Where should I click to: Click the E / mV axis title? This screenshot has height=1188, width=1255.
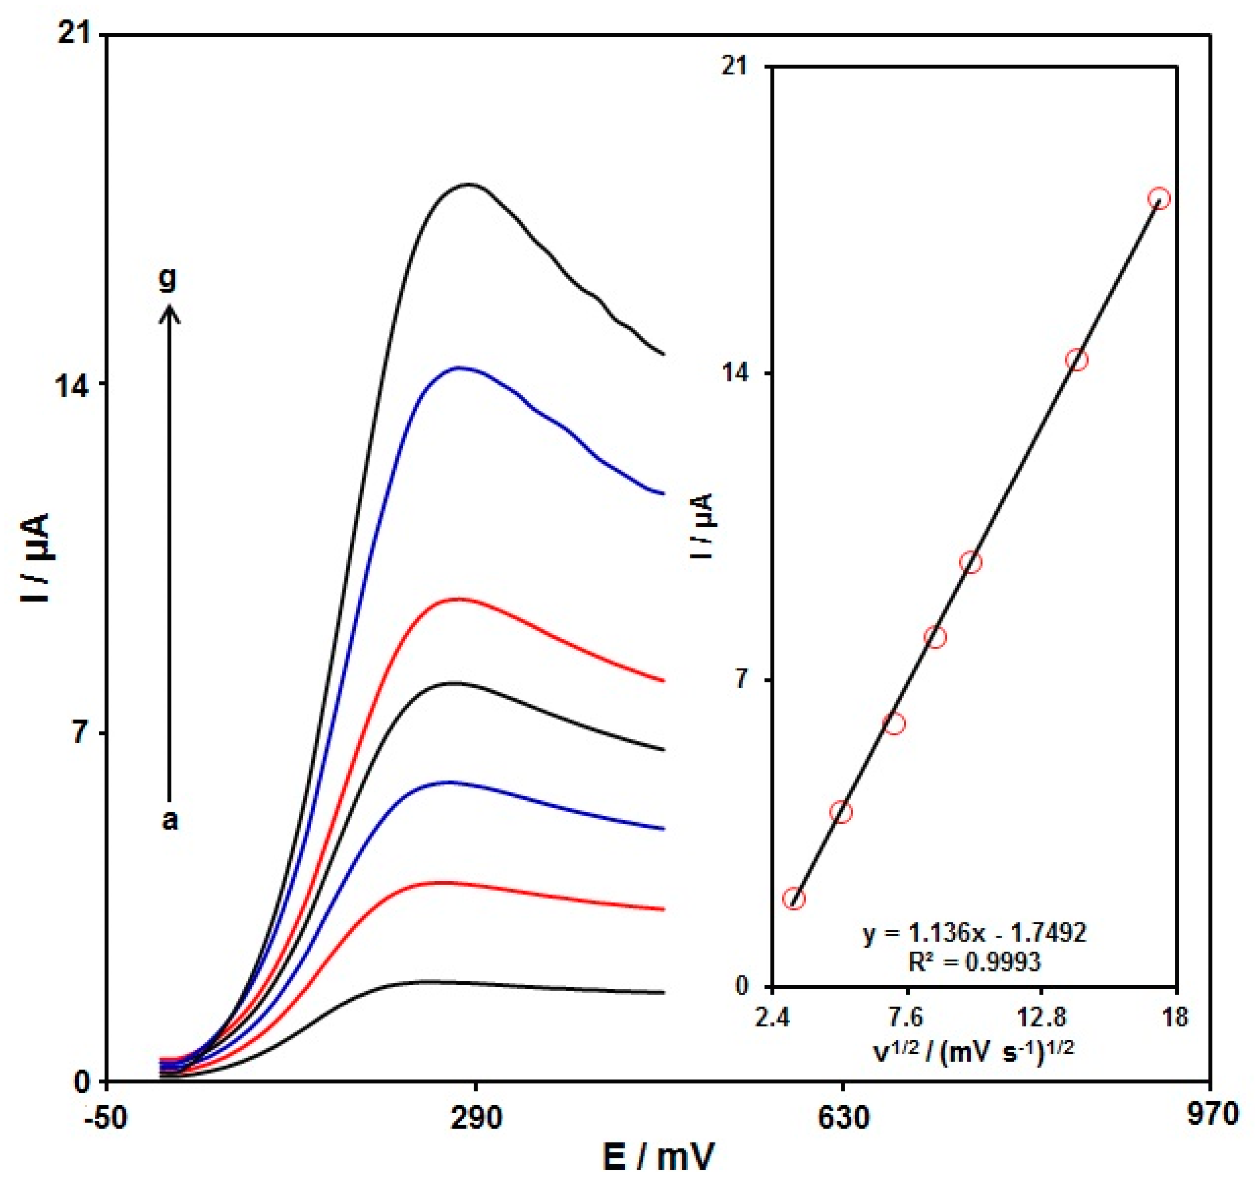click(x=659, y=1156)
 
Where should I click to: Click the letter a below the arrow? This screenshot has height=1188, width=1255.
click(x=170, y=822)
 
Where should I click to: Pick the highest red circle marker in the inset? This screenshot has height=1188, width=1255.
click(x=1159, y=199)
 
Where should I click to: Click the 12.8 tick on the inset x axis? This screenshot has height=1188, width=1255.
click(x=1042, y=1017)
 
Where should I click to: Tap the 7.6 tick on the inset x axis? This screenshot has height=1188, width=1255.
click(x=907, y=1017)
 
